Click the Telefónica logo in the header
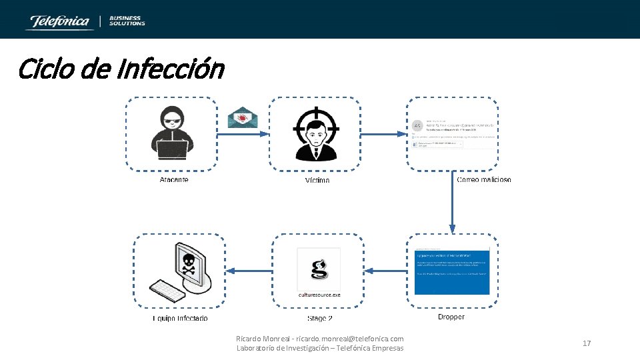pos(58,21)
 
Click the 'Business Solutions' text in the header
pos(127,21)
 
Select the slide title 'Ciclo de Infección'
pos(121,68)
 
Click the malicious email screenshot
pos(453,133)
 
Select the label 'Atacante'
pos(174,180)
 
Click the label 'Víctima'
pos(317,181)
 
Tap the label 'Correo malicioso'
pos(485,180)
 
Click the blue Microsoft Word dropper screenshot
pos(452,271)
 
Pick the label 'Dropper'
pos(451,317)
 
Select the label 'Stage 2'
pos(320,319)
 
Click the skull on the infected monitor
pos(188,263)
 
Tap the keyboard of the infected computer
pos(167,290)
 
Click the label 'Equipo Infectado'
pos(180,319)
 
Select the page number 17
pos(587,343)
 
